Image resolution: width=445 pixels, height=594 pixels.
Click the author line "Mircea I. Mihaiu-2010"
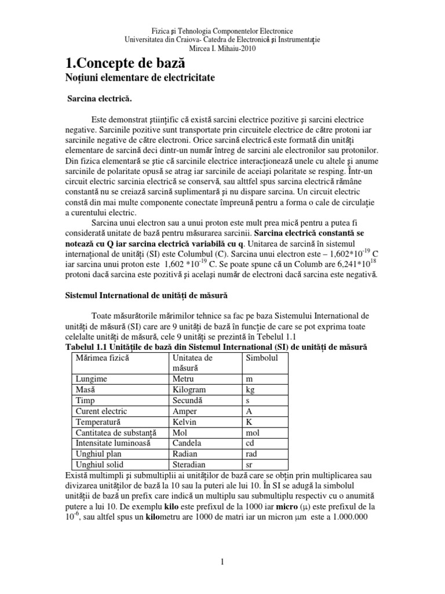coord(222,48)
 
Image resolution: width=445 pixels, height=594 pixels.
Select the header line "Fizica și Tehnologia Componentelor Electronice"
coord(222,30)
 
